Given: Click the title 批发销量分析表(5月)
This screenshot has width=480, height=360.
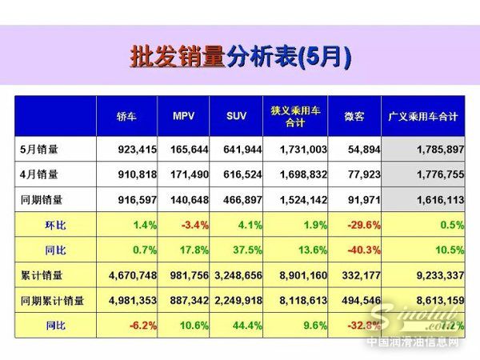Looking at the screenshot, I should (x=240, y=57).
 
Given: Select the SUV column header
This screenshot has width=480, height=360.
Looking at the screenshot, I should (x=235, y=116).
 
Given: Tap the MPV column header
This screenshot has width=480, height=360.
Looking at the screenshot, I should (x=183, y=116).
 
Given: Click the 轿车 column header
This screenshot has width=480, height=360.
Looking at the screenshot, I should (x=127, y=116).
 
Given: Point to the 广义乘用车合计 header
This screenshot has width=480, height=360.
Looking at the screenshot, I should (x=422, y=116).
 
